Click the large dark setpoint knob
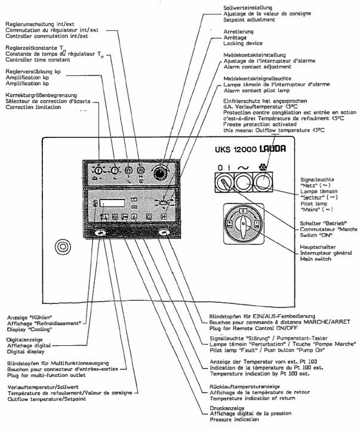(159, 173)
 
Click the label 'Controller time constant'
(41, 59)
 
